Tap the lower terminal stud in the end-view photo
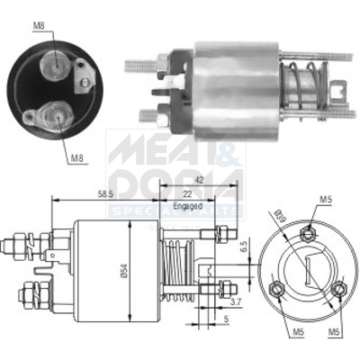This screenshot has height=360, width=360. click(49, 116)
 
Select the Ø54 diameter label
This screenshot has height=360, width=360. click(136, 271)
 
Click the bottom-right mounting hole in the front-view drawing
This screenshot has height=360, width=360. click(337, 291)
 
